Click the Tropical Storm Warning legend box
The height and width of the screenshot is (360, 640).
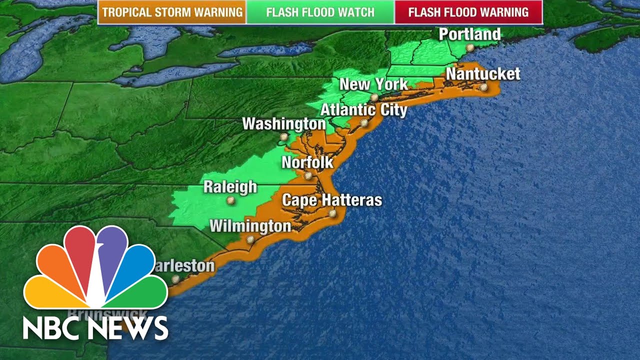(x=171, y=12)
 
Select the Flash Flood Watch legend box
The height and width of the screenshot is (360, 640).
(x=320, y=12)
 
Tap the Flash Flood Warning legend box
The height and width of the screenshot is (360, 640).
(x=468, y=12)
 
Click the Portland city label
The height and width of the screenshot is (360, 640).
(x=469, y=34)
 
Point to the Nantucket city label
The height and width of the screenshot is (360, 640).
(x=483, y=74)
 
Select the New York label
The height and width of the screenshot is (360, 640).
(x=373, y=84)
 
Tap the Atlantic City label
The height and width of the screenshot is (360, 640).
(x=363, y=109)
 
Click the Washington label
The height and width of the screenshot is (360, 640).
(x=284, y=123)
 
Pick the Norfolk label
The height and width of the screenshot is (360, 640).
(x=307, y=162)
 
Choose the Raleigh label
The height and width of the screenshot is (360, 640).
(x=230, y=187)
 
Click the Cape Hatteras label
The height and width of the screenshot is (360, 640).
(x=332, y=200)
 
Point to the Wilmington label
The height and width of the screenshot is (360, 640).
(x=250, y=226)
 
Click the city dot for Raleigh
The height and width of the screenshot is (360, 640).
(x=230, y=200)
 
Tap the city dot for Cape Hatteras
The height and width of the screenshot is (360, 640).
(x=332, y=213)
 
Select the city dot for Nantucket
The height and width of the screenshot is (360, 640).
(x=483, y=87)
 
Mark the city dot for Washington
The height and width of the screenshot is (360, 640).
(x=284, y=136)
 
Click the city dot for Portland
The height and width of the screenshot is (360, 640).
(x=470, y=47)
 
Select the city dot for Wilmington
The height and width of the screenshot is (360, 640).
(x=250, y=239)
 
